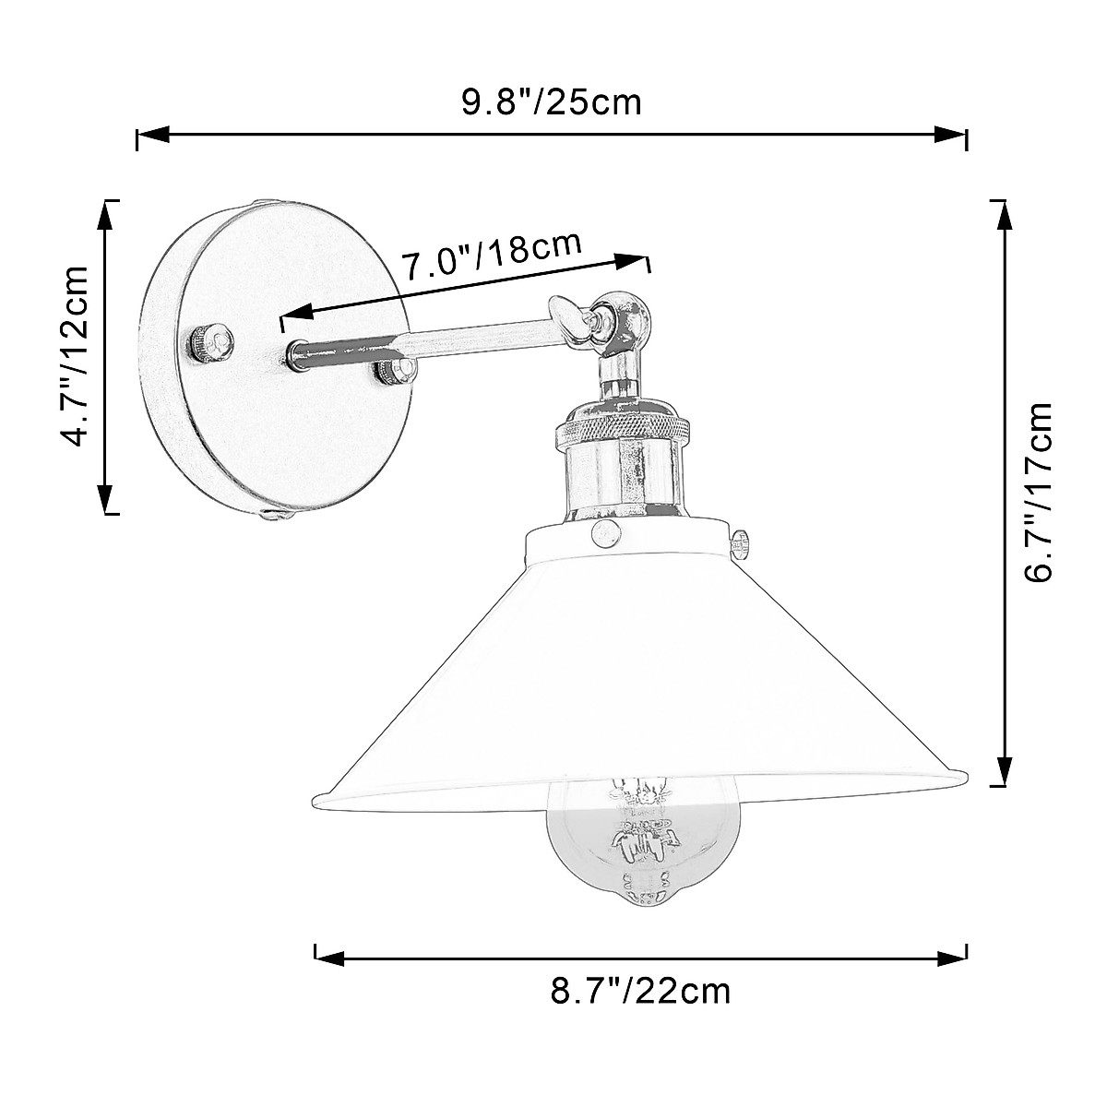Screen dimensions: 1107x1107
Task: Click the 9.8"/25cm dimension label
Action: point(551,101)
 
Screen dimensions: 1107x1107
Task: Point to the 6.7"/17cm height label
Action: point(1041,493)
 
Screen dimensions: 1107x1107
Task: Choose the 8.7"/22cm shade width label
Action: point(641,992)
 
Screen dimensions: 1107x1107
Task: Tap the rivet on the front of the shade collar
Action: point(606,530)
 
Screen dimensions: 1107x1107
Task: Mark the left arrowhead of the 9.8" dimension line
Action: point(152,136)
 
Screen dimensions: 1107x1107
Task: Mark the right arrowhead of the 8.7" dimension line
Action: point(951,953)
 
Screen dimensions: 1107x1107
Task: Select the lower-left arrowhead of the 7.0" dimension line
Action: point(297,315)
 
